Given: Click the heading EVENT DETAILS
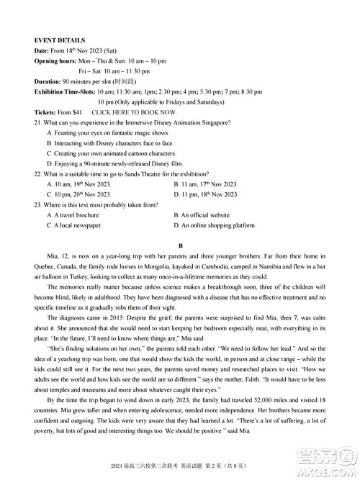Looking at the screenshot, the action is pyautogui.click(x=60, y=40).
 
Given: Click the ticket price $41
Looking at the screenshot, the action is pyautogui.click(x=77, y=113).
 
